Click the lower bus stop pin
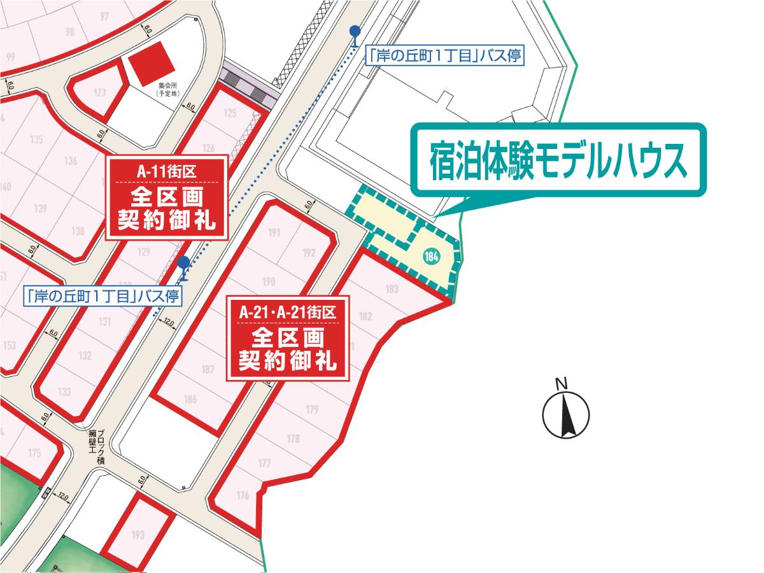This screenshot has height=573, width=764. tap(183, 266)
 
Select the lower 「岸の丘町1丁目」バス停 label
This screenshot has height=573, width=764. tap(102, 295)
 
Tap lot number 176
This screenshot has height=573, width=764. tap(242, 496)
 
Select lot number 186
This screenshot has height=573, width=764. tap(190, 399)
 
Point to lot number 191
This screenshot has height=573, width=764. tap(274, 232)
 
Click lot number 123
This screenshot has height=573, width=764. tap(99, 93)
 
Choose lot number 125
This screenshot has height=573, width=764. tap(230, 113)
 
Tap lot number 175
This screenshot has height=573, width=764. tap(34, 453)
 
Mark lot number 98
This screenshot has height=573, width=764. tap(70, 32)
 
